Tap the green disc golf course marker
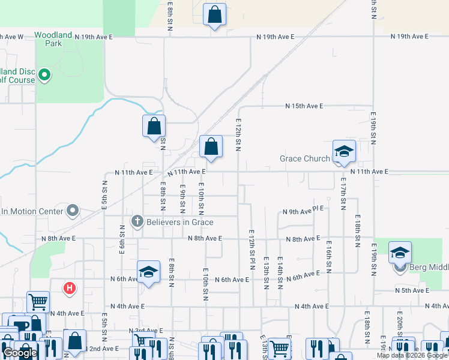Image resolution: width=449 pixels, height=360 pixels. coord(44,75)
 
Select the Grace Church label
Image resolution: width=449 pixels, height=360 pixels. coord(304,159)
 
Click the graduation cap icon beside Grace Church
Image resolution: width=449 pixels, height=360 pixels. coord(345,152)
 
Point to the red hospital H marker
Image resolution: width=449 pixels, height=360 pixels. coord(70,289)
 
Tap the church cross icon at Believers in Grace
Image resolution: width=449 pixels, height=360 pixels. coord(137,222)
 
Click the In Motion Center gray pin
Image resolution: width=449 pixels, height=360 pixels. coord(73,211)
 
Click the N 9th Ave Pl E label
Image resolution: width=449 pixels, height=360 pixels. coord(303,211)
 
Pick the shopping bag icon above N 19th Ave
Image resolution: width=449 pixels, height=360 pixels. coord(215,15)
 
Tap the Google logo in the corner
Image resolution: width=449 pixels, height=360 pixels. coord(20,353)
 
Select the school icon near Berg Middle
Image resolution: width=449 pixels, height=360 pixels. coord(400,253)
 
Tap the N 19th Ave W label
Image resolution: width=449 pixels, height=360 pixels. coord(12,37)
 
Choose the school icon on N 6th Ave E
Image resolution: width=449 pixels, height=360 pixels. coord(148,272)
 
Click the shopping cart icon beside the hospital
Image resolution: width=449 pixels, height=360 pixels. coord(38,301)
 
